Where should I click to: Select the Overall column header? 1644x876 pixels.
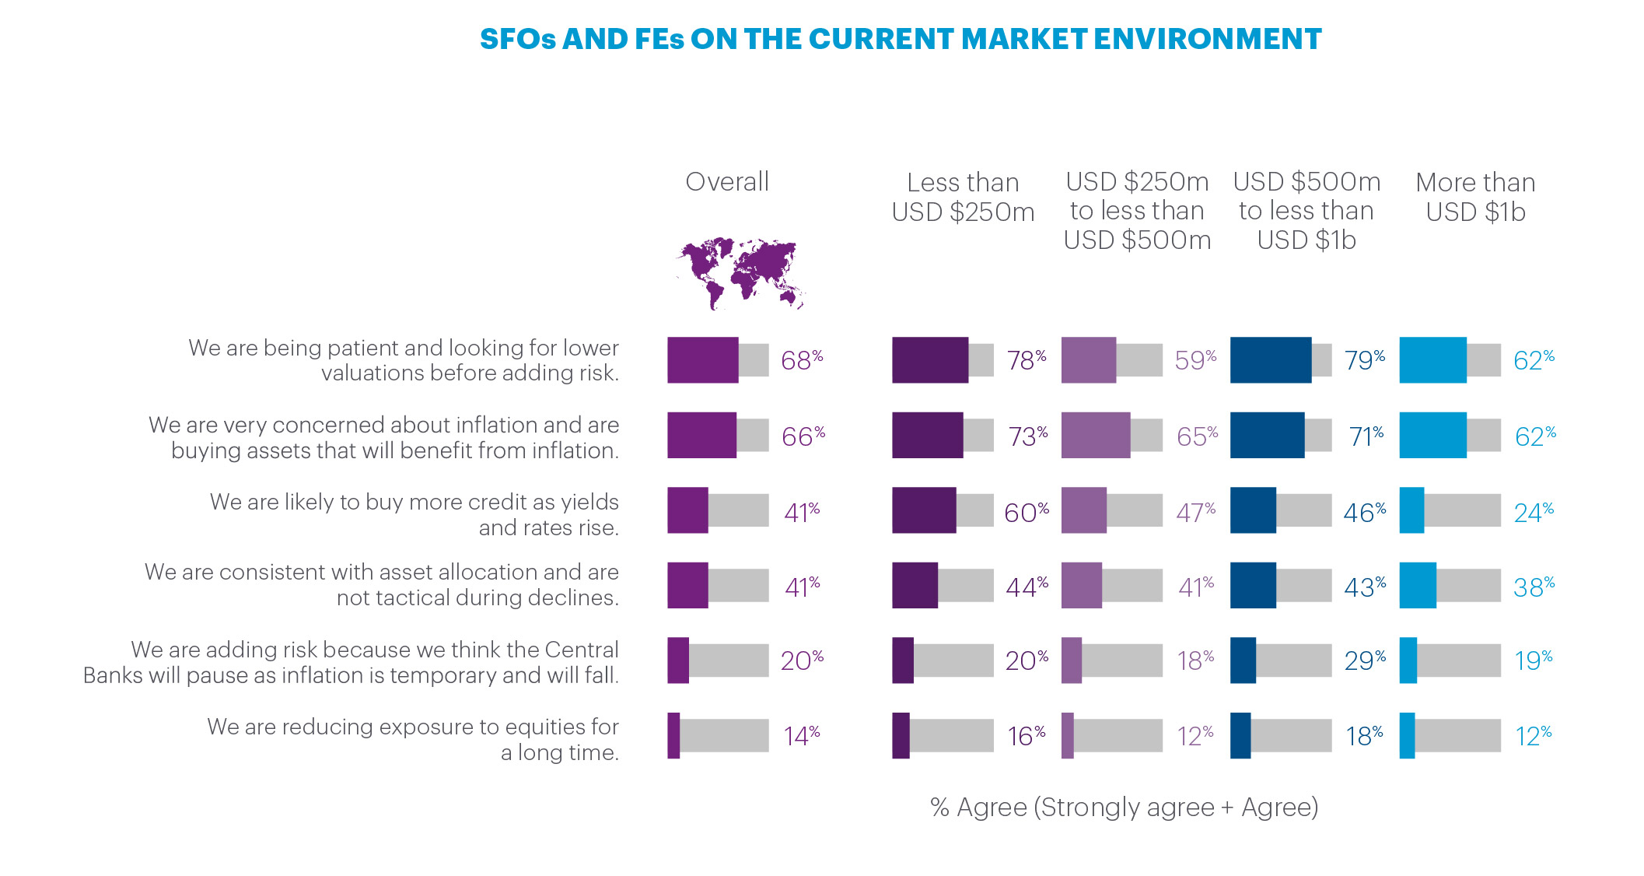[x=726, y=182]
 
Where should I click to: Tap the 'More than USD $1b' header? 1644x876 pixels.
[x=1475, y=197]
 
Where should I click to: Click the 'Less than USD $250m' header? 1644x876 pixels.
[x=963, y=197]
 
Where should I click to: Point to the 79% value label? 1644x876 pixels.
[x=1364, y=360]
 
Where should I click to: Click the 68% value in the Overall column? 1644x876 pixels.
[x=801, y=360]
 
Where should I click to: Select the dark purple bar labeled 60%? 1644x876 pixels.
[x=924, y=510]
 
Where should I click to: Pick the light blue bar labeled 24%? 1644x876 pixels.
[x=1411, y=510]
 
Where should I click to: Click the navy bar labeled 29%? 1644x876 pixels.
[x=1243, y=661]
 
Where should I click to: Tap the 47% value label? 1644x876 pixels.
[x=1195, y=513]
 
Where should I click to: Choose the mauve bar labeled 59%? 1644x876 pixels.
[x=1088, y=360]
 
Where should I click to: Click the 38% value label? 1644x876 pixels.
[x=1533, y=587]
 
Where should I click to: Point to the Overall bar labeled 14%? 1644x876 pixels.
[x=673, y=735]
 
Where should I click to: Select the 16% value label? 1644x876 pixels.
[x=1026, y=736]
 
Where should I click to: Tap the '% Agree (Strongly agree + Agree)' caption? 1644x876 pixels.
[x=1124, y=808]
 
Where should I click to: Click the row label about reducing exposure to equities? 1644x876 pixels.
[x=413, y=739]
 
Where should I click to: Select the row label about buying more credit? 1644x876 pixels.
[x=414, y=514]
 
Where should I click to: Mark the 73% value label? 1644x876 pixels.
[x=1027, y=436]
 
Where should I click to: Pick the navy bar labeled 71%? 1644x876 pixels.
[x=1267, y=435]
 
